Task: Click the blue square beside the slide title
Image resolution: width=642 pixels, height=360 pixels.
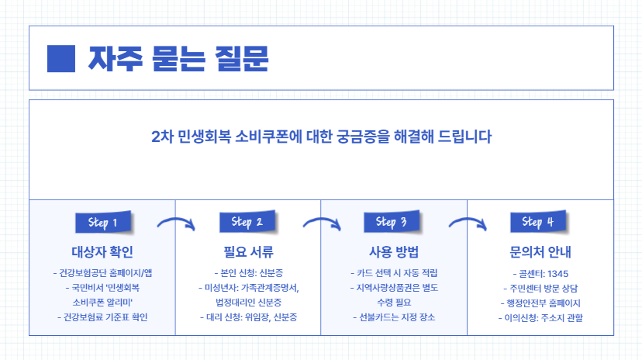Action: (61, 57)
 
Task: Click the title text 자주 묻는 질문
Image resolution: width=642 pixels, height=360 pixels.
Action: (178, 57)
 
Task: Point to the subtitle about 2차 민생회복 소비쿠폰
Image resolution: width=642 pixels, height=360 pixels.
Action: (321, 136)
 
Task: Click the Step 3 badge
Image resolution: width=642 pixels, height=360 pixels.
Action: (392, 222)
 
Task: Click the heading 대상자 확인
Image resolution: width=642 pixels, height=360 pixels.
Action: (102, 252)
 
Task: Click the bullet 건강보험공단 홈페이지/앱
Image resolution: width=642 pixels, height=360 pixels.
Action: (102, 273)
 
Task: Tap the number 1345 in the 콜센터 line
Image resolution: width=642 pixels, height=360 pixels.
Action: (557, 273)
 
